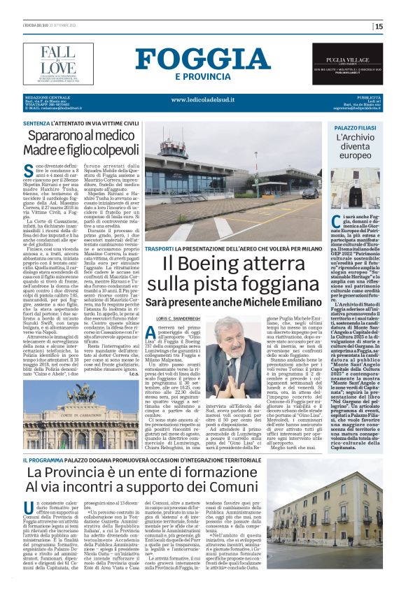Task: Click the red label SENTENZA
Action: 37,122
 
